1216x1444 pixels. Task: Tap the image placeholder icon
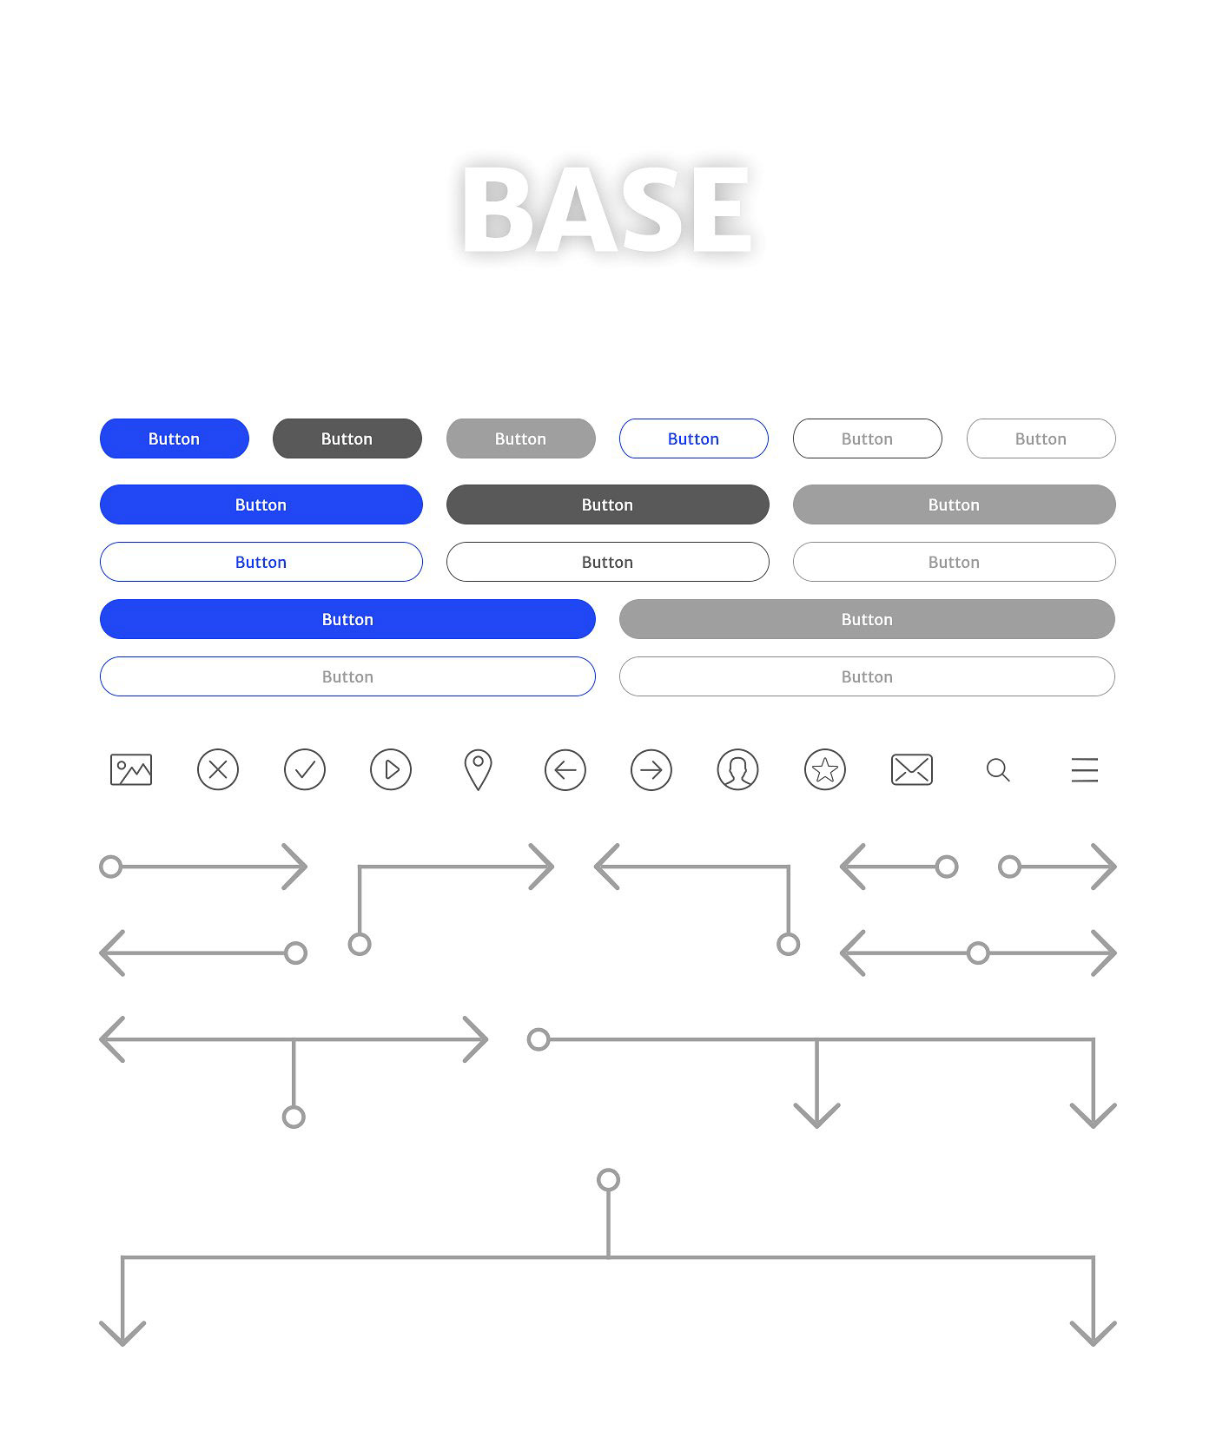[131, 770]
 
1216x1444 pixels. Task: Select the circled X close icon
[218, 769]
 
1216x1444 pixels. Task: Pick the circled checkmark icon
[305, 769]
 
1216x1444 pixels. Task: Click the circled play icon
[391, 769]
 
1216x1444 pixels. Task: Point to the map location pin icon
[478, 770]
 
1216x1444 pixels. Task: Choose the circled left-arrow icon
[565, 770]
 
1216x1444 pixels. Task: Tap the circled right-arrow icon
[651, 770]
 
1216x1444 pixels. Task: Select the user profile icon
[738, 770]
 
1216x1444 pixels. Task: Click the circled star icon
[825, 770]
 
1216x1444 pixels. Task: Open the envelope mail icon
[912, 770]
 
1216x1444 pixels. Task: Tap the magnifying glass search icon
[998, 770]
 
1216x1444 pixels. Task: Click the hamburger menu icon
[1085, 770]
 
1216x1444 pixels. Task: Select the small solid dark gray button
[347, 438]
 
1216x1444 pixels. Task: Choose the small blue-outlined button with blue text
[694, 438]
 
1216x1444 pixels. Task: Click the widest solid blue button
[347, 619]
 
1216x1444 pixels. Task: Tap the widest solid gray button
[867, 619]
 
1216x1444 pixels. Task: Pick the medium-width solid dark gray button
[608, 504]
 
